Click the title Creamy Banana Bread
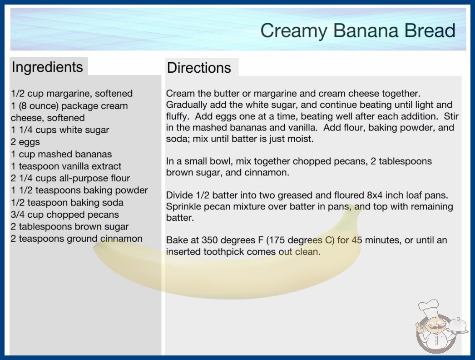click(358, 31)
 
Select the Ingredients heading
click(47, 67)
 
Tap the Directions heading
click(199, 68)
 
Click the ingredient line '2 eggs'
click(25, 142)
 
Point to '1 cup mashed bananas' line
click(61, 154)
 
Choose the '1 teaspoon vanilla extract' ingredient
click(66, 166)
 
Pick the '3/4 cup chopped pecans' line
click(65, 215)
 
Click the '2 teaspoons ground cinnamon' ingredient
click(77, 239)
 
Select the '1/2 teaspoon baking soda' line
click(67, 202)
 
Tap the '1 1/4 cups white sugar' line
click(60, 130)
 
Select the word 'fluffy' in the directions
click(176, 116)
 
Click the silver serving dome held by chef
click(458, 325)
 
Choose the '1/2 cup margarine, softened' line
click(72, 94)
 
